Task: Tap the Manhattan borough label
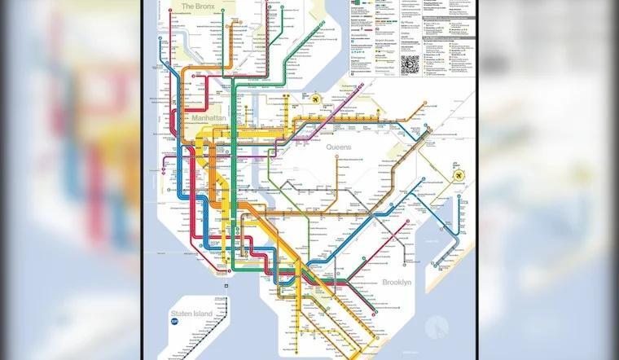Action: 208,119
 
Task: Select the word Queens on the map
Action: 338,147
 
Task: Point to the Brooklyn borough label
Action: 397,282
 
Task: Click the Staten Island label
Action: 191,313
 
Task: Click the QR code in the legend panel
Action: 410,64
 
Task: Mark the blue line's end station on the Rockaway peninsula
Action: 437,266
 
